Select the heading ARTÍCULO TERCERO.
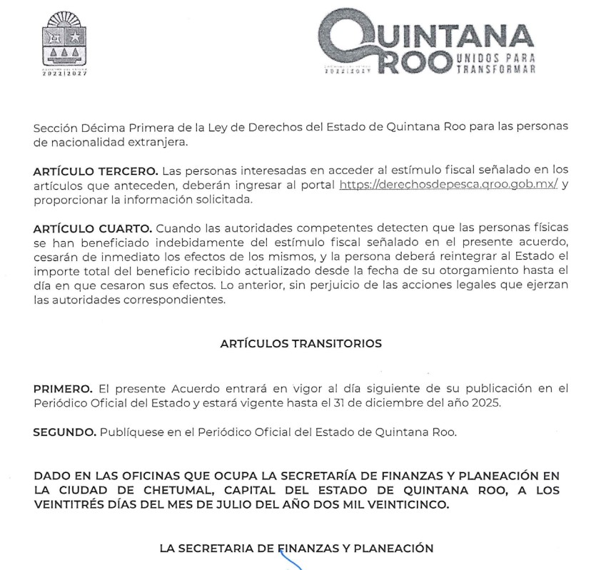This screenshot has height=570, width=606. (x=96, y=171)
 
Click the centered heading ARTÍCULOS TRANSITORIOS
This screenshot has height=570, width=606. (x=301, y=344)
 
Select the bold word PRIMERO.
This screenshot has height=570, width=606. (x=63, y=389)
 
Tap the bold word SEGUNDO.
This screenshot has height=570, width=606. (x=65, y=432)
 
